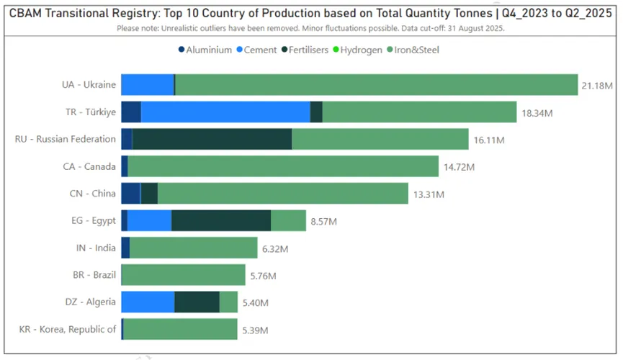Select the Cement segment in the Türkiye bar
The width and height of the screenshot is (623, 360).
point(225,112)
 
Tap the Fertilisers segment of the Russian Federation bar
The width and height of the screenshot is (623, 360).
point(212,139)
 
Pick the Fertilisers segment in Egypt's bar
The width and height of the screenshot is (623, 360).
point(221,220)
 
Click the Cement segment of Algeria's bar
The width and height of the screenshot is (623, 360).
point(148,302)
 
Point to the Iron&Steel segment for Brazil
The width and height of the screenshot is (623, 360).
point(184,274)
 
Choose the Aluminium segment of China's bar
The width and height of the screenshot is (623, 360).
point(130,193)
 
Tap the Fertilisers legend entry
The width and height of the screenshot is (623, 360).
point(305,50)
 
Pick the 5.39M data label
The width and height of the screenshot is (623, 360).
point(255,330)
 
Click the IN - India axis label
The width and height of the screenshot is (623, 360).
point(96,248)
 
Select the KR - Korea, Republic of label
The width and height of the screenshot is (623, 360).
point(68,329)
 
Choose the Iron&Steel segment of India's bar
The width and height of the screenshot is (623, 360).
point(193,248)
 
